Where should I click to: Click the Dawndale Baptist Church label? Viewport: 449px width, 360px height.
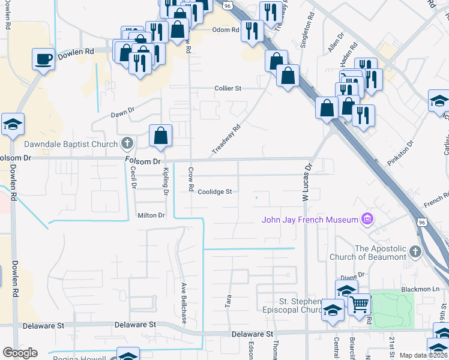[x=71, y=144]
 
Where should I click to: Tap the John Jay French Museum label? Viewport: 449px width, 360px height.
[x=309, y=220]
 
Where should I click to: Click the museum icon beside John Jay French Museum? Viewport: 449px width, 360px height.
[x=367, y=219]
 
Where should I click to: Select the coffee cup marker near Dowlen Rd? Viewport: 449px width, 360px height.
[x=43, y=59]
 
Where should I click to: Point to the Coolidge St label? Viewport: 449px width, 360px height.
[x=215, y=192]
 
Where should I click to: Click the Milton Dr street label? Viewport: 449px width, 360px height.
[x=151, y=215]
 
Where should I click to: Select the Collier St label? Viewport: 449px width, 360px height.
[x=228, y=88]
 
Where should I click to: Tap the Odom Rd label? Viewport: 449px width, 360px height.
[x=226, y=29]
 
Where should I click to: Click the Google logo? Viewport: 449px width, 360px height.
[x=20, y=353]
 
